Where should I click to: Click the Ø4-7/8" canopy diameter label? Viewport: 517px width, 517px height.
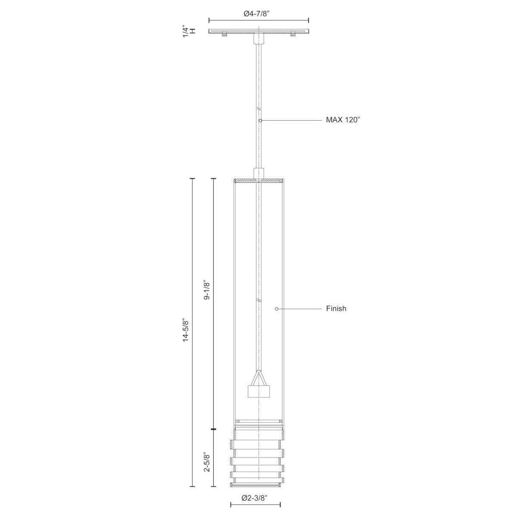click(x=259, y=13)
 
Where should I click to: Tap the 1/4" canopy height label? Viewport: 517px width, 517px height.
click(x=186, y=31)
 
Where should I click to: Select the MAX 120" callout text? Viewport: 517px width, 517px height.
click(x=343, y=120)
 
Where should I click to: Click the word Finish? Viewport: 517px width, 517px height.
click(x=336, y=308)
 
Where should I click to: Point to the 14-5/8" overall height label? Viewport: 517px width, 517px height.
click(x=186, y=330)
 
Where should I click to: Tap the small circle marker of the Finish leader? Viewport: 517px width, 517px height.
click(x=277, y=308)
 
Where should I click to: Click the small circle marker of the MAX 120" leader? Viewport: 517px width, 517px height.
click(x=261, y=121)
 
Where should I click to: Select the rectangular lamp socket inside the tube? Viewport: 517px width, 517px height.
click(x=258, y=391)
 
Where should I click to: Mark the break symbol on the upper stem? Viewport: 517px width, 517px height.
click(x=258, y=108)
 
